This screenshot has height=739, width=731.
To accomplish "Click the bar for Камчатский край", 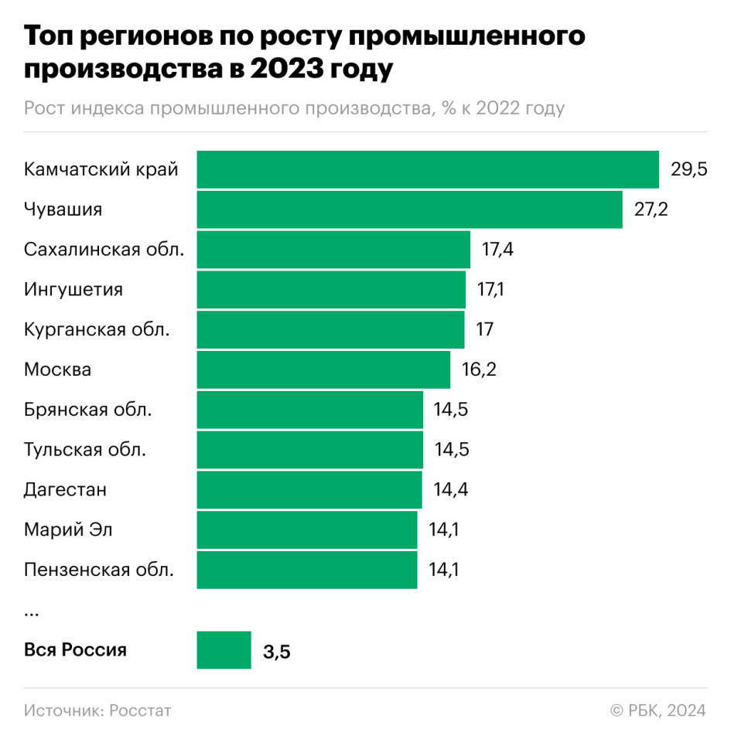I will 427,169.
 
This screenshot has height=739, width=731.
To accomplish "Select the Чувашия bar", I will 409,209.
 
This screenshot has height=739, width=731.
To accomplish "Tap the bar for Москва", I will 323,369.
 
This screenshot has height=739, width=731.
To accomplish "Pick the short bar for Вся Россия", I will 224,650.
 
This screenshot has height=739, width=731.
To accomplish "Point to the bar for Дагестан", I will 309,489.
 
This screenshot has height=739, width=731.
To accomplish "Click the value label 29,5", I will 688,170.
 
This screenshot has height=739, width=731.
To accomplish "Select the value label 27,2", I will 651,210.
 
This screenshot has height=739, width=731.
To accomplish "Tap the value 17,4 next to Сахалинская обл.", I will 499,250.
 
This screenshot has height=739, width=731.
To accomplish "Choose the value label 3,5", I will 276,652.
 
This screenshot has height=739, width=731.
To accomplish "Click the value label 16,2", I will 479,369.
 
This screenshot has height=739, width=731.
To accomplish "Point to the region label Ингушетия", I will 73,290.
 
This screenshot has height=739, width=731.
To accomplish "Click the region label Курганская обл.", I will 97,330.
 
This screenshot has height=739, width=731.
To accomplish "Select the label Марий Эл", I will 68,530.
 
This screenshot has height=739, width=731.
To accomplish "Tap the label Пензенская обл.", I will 99,570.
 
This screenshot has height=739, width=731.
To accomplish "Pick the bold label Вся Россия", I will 75,650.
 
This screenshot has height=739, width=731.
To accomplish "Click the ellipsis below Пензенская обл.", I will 32,613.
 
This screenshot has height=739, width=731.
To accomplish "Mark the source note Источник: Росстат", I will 97,710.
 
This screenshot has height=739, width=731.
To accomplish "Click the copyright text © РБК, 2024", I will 658,710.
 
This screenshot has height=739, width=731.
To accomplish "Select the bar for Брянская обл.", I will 309,410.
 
